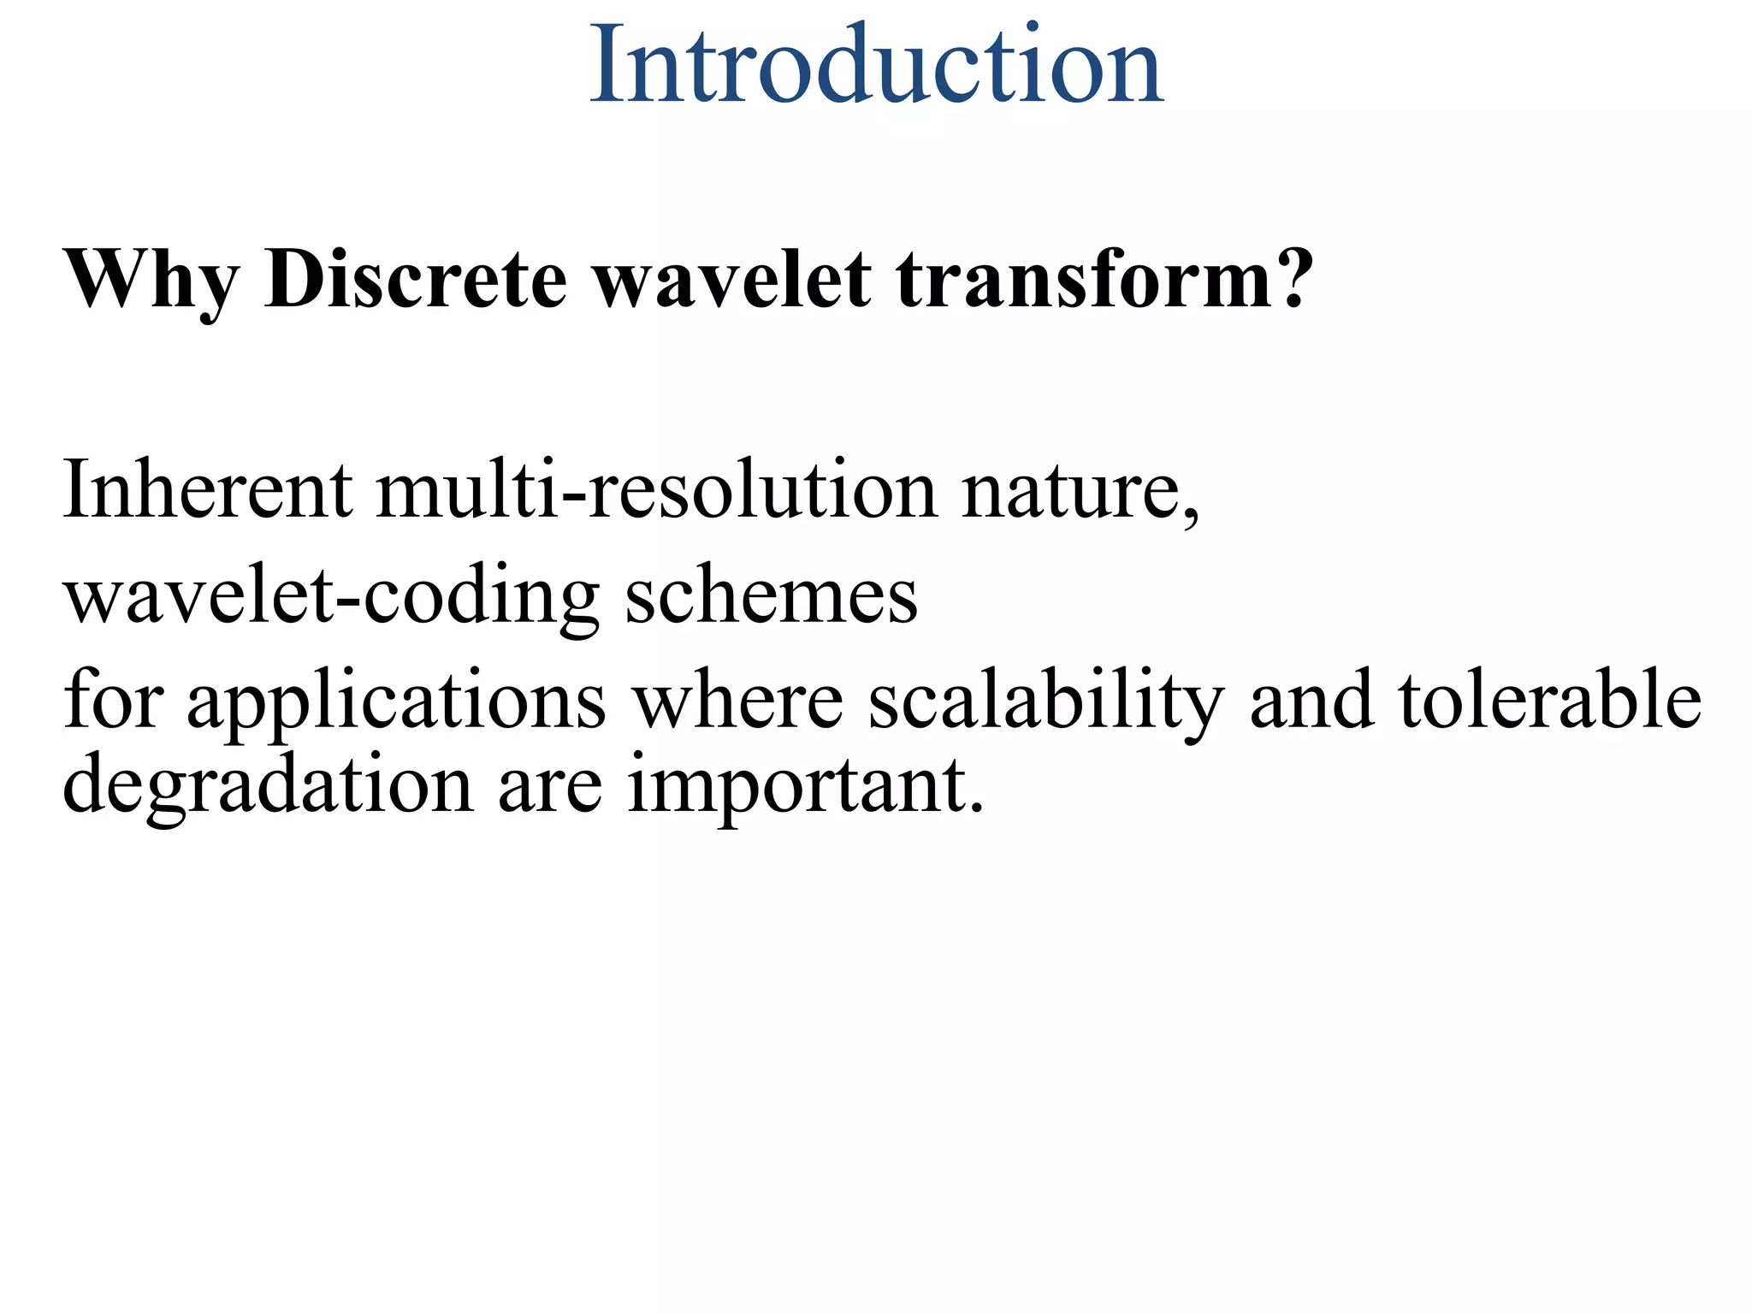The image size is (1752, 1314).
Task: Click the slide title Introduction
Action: click(876, 67)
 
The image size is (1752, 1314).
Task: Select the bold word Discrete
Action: click(416, 279)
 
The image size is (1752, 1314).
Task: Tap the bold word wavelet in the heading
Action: click(732, 279)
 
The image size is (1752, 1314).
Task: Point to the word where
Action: click(737, 700)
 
